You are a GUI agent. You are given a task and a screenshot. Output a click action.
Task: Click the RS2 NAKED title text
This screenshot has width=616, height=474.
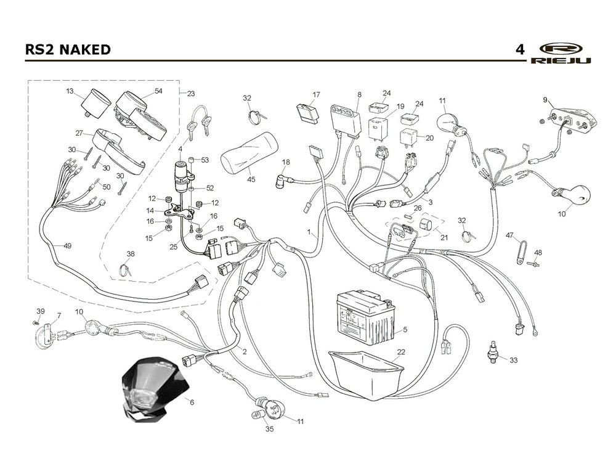[x=68, y=49]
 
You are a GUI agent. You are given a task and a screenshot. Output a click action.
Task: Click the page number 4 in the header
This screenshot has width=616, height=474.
[x=520, y=49]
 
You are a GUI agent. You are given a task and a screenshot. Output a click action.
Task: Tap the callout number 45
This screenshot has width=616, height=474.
[x=251, y=180]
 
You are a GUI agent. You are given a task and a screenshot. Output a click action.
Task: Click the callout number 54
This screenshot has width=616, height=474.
[x=158, y=91]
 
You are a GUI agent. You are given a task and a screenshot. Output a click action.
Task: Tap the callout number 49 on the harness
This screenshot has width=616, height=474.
[x=67, y=246]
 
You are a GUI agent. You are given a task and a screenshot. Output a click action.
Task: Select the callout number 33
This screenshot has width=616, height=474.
[x=513, y=359]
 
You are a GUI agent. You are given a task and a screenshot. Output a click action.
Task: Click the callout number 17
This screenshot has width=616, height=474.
[x=316, y=94]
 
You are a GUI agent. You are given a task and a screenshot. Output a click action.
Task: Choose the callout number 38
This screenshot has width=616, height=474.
[x=131, y=254]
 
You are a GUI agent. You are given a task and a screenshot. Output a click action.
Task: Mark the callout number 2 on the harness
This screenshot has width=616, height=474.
[x=245, y=352]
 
